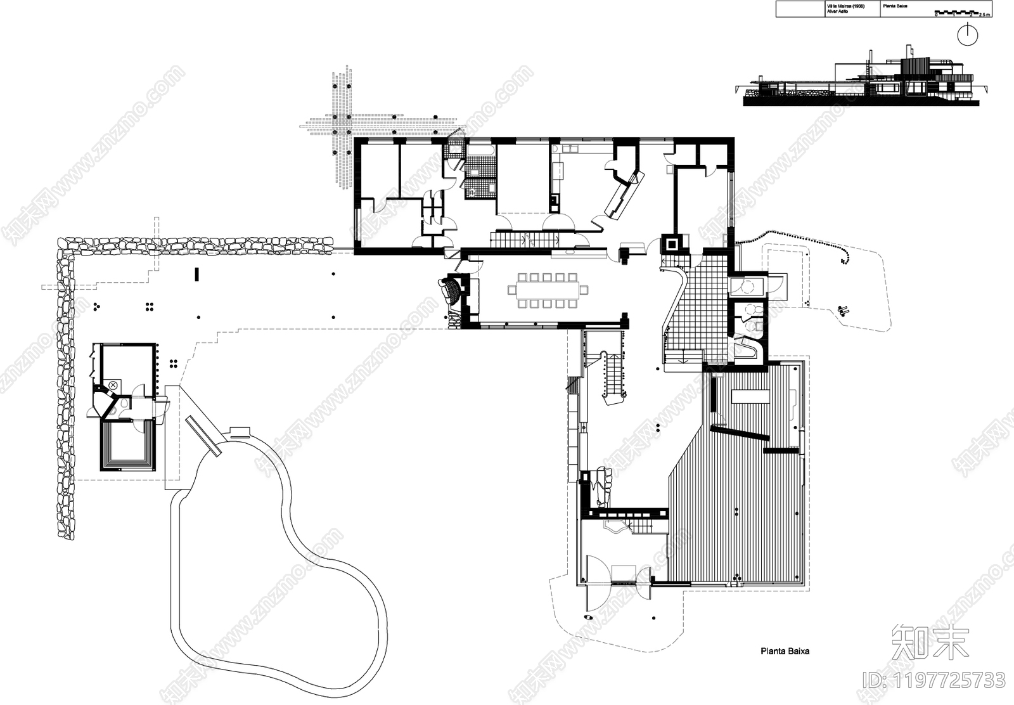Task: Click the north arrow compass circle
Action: pos(967,35)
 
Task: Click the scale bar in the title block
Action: pos(958,12)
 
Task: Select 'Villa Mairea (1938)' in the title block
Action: pos(840,6)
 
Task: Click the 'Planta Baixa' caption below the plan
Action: pos(785,651)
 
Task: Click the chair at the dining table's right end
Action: pos(584,290)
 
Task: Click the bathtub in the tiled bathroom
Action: pos(482,150)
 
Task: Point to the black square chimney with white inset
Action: pos(671,243)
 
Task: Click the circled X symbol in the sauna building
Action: pos(112,385)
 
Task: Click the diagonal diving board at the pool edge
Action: pos(203,436)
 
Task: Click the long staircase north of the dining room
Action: pos(523,240)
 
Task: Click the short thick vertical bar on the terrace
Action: pos(196,275)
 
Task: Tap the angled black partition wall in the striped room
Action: pos(740,434)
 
